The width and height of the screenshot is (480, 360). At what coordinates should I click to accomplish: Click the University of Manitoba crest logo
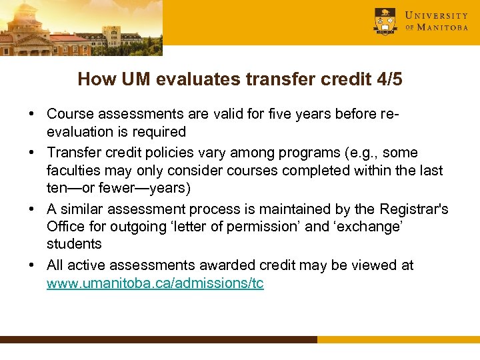pyautogui.click(x=385, y=21)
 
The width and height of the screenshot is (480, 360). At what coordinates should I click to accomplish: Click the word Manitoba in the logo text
pyautogui.click(x=443, y=27)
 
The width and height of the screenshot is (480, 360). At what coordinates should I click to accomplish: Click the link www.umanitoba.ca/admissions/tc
pyautogui.click(x=155, y=283)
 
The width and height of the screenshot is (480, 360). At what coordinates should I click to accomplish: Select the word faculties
pyautogui.click(x=73, y=170)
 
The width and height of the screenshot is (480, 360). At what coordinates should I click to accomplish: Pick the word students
pyautogui.click(x=74, y=245)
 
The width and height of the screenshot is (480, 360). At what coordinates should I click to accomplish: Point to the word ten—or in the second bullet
pyautogui.click(x=70, y=189)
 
